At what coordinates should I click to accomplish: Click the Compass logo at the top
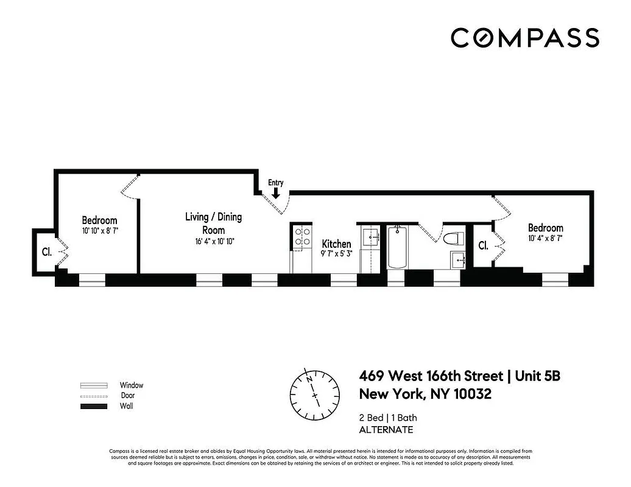524,37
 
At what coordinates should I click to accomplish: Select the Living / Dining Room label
214,223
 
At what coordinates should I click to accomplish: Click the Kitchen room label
336,244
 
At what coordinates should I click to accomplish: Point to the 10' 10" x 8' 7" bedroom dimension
100,231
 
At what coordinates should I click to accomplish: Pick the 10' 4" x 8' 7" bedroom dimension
545,239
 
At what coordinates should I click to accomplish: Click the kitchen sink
370,236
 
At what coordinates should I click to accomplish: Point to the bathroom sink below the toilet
457,260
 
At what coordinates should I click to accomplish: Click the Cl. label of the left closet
46,251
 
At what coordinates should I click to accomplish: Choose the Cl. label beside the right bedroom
483,246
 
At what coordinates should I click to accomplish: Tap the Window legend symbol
94,385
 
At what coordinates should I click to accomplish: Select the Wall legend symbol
94,406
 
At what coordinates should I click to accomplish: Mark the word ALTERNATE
386,430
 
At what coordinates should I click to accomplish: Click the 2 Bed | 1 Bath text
389,418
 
